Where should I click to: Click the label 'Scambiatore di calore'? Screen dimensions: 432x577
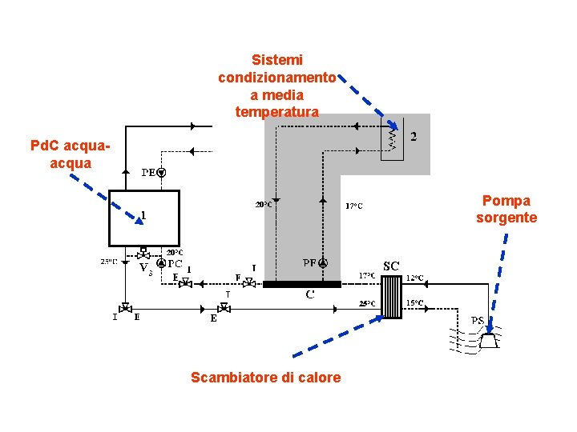[x=265, y=378]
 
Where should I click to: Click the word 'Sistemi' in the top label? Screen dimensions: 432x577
[x=276, y=60]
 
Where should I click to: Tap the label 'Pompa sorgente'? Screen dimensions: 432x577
[x=506, y=209]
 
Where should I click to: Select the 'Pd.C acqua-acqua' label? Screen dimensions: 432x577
[x=70, y=154]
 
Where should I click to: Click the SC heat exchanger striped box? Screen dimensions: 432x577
[x=391, y=295]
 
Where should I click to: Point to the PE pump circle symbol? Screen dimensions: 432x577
[x=161, y=172]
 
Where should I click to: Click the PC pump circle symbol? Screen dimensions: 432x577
[x=161, y=263]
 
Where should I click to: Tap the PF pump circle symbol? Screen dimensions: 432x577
[x=322, y=262]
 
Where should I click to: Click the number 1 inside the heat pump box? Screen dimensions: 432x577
[x=143, y=214]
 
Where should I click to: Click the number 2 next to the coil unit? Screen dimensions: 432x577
[x=414, y=137]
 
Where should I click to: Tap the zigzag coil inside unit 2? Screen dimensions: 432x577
[x=392, y=140]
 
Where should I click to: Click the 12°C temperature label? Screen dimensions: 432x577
[x=415, y=278]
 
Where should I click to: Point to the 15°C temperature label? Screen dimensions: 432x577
[x=415, y=302]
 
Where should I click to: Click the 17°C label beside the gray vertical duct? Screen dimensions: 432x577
[x=353, y=206]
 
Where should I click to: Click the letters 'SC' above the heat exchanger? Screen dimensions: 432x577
[x=391, y=266]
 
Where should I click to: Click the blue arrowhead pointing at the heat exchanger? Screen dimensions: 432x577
[x=378, y=316]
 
